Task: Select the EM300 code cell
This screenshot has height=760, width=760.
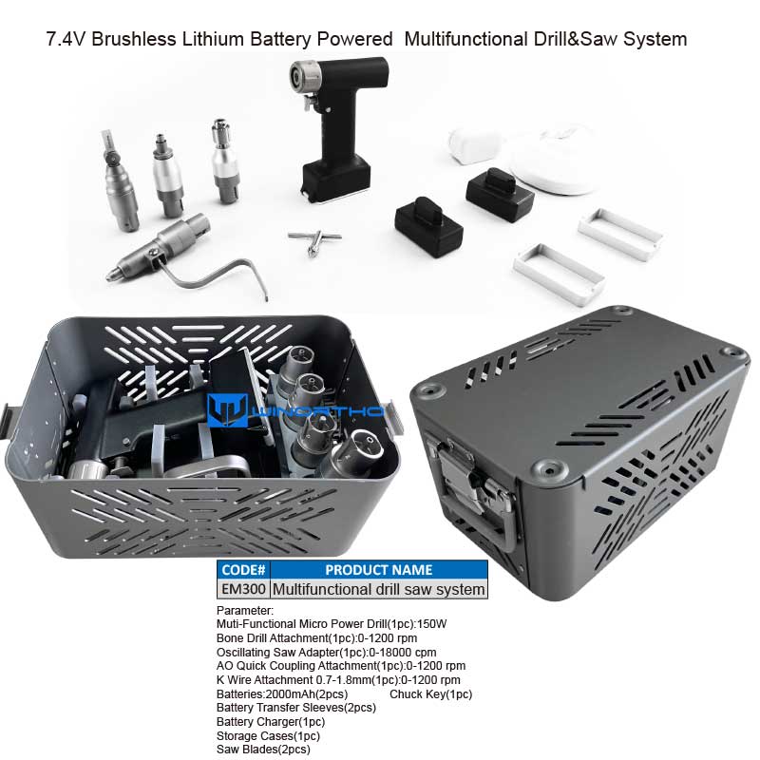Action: tap(243, 589)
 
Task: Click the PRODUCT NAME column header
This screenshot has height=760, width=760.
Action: tap(378, 569)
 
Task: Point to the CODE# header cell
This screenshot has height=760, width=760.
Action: tap(243, 569)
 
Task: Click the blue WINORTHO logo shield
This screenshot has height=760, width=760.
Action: tap(227, 410)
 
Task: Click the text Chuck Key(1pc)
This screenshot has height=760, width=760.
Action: tap(430, 694)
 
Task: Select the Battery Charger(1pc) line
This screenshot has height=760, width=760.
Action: tap(271, 722)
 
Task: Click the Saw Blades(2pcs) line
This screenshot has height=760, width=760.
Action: tap(263, 750)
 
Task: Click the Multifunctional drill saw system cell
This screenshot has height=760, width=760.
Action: tap(378, 589)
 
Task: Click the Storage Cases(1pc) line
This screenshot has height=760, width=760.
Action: tap(268, 735)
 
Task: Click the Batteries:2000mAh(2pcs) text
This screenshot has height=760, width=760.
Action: tap(282, 694)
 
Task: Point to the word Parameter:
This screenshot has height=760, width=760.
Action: tap(245, 610)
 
